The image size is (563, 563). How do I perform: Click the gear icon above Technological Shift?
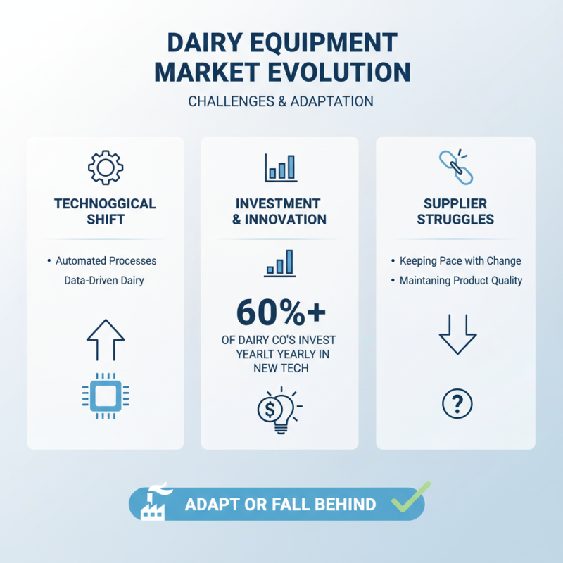(105, 167)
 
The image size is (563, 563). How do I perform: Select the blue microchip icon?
(105, 396)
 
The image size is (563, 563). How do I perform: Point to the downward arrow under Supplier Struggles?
(457, 332)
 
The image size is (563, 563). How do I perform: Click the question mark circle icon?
(457, 403)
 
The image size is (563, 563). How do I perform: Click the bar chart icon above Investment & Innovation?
(280, 167)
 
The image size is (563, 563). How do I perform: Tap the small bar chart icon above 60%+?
(280, 263)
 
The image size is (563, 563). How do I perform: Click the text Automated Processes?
(106, 261)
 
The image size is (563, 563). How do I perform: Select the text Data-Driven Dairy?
(105, 281)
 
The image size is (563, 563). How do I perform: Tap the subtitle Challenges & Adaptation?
(281, 101)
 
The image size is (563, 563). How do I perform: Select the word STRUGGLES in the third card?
(455, 220)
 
